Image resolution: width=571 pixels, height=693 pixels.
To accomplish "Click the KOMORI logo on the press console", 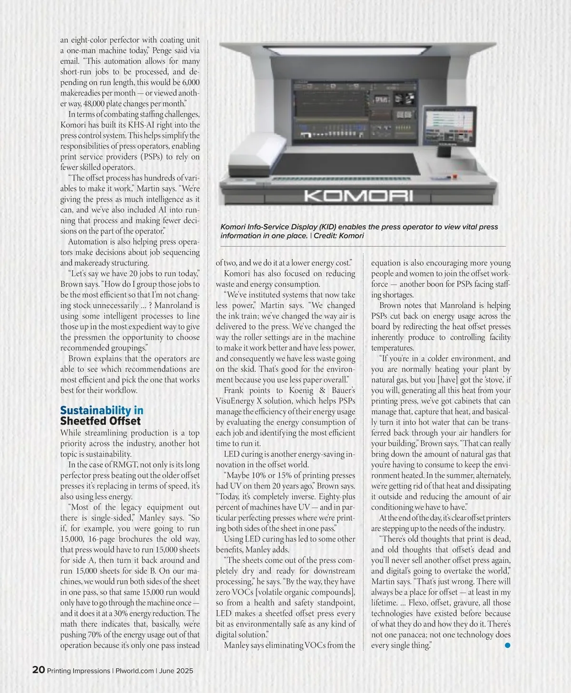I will (358, 196).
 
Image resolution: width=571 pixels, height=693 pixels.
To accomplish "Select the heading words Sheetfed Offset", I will (100, 421).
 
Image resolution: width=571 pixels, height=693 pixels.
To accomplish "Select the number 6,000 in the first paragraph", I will (191, 82).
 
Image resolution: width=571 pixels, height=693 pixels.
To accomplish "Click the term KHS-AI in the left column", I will (142, 125).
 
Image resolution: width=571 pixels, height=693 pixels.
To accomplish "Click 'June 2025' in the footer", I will (176, 671).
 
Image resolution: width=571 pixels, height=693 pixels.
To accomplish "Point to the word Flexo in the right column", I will (418, 603).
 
